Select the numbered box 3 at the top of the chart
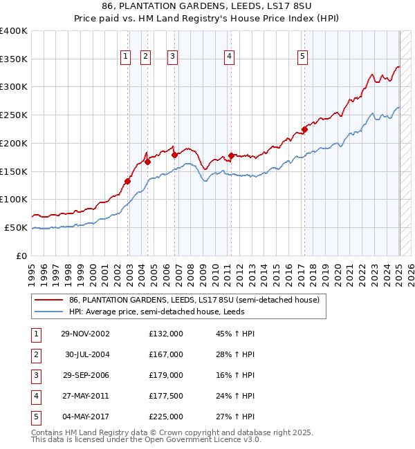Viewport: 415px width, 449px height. point(173,57)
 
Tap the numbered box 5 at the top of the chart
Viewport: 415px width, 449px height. point(303,57)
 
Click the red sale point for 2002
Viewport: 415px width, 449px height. point(128,182)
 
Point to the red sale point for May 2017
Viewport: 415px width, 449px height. point(304,129)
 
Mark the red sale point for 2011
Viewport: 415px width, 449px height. point(231,155)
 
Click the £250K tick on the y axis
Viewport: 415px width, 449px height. point(15,115)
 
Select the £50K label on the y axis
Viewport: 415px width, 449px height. point(17,227)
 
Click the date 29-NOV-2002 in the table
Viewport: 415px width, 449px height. point(85,334)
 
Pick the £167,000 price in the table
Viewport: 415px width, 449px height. point(166,354)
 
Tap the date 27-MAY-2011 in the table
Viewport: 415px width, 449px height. point(85,396)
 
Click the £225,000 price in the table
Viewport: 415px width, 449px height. point(166,417)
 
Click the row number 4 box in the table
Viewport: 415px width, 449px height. point(35,396)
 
